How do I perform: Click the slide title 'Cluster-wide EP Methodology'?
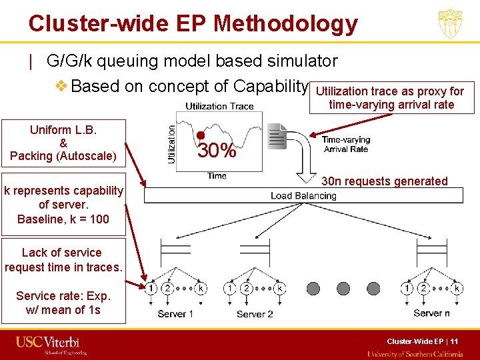coord(193,24)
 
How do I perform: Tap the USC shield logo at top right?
coord(450,24)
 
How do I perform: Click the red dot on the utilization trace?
coord(201,135)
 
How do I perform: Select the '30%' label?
coord(217,151)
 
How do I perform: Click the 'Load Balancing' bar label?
coord(303,196)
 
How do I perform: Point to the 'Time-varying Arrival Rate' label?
coord(345,145)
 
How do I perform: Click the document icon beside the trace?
coord(275,137)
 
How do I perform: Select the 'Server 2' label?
coord(255,314)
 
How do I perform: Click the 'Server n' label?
coord(432,313)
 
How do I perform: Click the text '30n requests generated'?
coord(385,181)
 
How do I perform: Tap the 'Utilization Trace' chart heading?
coord(219,107)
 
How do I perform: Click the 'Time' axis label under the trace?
coord(217,176)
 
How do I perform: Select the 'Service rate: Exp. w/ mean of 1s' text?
coord(63,303)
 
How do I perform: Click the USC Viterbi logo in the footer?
coord(51,344)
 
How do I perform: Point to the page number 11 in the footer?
coord(454,341)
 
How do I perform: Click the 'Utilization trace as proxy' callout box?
coord(391,97)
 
